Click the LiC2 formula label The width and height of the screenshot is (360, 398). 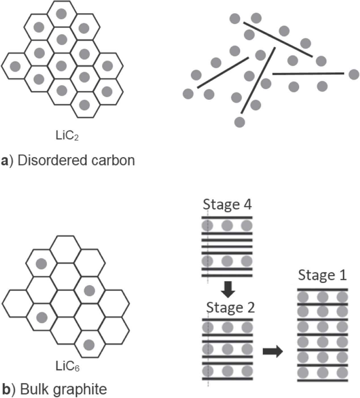coord(67,135)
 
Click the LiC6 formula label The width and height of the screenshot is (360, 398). coord(67,366)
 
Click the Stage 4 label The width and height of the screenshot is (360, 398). coord(227,205)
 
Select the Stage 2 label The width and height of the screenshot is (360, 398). coord(230,308)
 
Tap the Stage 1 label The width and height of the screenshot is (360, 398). coord(322,275)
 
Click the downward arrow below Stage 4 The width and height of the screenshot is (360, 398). coord(228,289)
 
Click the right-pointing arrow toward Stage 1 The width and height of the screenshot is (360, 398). coord(273,352)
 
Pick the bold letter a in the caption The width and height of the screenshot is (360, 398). coord(4,161)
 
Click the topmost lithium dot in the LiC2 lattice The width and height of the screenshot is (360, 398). coord(61,14)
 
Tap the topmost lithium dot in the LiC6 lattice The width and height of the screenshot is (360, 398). coord(41,264)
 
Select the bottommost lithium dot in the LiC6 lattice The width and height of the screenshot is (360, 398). coord(89,345)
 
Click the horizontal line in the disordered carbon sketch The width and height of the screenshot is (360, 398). coord(308,74)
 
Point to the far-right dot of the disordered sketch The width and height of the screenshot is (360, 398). coord(354,75)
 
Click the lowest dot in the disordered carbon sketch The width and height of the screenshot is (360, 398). coord(240,122)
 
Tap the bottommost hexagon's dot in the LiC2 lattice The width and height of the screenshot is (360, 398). coord(84,105)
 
